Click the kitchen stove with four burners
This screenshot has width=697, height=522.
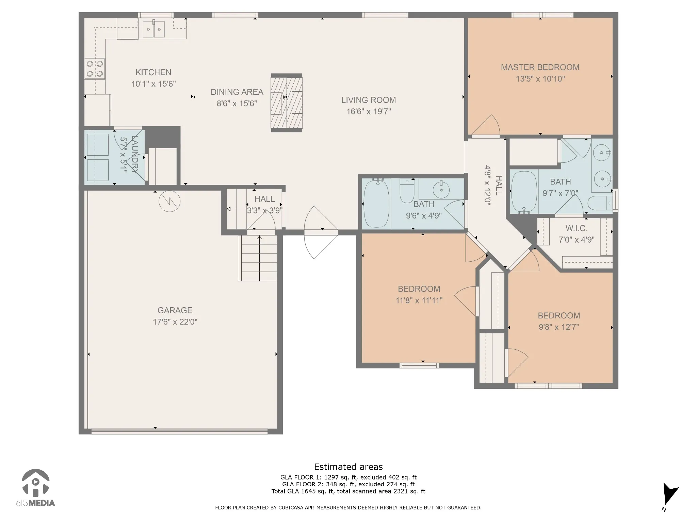(x=95, y=68)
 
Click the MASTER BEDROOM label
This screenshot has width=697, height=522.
(x=540, y=67)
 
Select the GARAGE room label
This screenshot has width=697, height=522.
(x=175, y=310)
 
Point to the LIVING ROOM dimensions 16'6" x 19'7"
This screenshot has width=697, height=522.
(x=369, y=111)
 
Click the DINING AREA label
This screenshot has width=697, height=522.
(x=237, y=92)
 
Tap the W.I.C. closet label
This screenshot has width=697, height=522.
(x=577, y=228)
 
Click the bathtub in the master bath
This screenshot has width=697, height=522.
(x=524, y=192)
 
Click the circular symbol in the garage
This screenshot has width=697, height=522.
(x=169, y=201)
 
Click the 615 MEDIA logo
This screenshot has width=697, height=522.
(x=35, y=488)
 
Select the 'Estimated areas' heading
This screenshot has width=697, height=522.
(x=348, y=467)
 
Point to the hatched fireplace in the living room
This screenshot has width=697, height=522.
(x=287, y=103)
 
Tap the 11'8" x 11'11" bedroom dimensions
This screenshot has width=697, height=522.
(x=419, y=300)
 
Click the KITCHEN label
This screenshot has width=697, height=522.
(x=153, y=72)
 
